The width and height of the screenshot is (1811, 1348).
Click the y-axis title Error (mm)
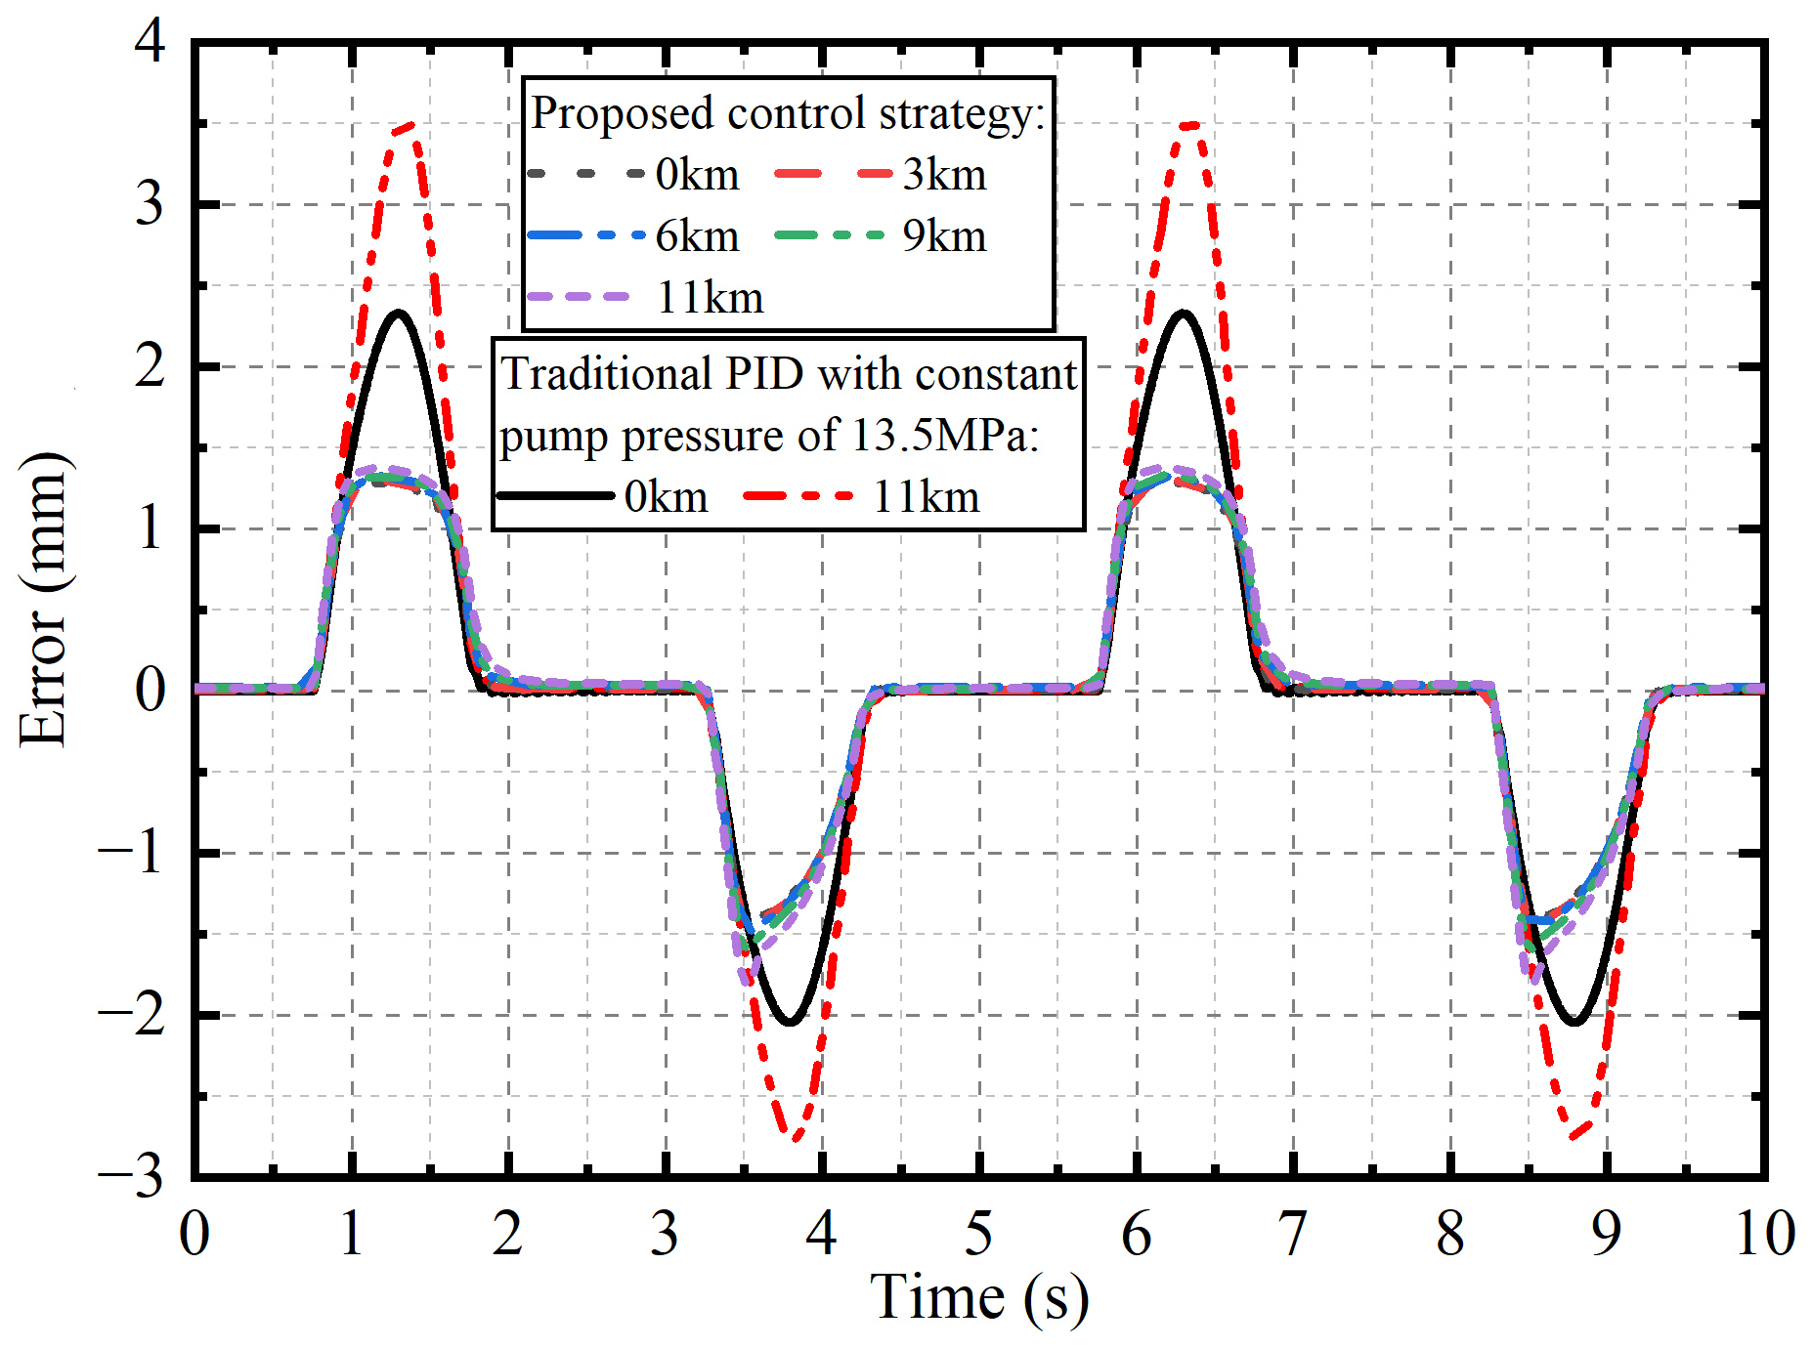point(44,601)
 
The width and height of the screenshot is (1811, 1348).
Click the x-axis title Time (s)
point(978,1298)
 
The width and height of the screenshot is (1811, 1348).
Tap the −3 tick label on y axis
point(132,1177)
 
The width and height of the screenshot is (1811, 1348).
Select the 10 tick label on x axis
point(1764,1234)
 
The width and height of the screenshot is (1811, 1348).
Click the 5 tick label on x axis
point(978,1234)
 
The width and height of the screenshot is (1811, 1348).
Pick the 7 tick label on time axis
point(1292,1234)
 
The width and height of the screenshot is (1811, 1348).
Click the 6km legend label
point(697,236)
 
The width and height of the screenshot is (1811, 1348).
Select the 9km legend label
point(944,236)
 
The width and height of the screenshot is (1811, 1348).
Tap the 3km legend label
point(944,176)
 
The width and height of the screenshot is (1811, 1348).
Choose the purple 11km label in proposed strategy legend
point(710,298)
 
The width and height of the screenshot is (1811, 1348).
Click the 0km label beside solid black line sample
point(666,497)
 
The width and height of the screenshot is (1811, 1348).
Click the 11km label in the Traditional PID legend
point(926,497)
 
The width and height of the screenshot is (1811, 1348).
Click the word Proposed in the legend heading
point(623,113)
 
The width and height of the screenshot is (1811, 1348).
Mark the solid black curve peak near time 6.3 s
point(1184,313)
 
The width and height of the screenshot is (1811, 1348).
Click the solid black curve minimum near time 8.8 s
point(1574,1023)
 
